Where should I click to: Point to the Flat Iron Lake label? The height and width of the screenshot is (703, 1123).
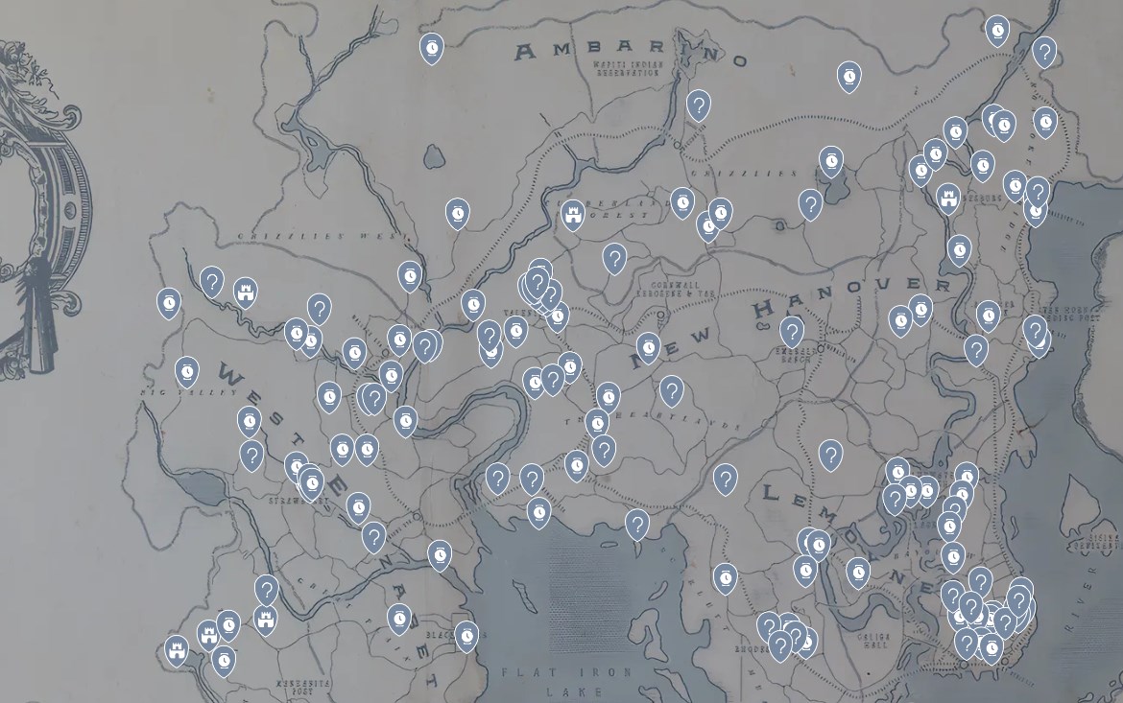coord(567,680)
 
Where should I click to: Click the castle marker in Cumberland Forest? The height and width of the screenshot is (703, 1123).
coord(573,214)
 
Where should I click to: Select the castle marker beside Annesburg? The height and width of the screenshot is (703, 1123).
coord(948,198)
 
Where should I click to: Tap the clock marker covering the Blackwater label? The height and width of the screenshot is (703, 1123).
coord(466,634)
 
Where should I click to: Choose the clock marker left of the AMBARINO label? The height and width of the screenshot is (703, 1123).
coord(432,47)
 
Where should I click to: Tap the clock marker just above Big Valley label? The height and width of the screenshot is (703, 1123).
coord(187,369)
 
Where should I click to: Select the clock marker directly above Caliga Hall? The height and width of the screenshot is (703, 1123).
coord(857,572)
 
